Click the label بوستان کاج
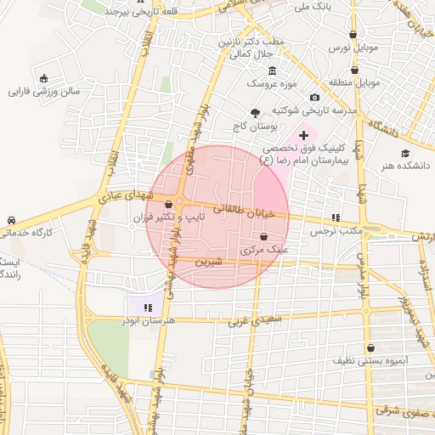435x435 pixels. tap(254, 127)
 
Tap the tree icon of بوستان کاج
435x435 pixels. tap(254, 112)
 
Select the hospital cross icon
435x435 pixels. tap(303, 135)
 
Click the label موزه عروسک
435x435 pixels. tap(270, 84)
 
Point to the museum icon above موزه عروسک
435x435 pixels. tap(271, 71)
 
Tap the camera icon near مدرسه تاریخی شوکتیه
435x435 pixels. tap(315, 98)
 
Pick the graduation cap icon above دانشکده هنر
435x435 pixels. tap(406, 153)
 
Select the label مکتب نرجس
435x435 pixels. tap(336, 231)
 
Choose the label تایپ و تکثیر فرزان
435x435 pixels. tap(170, 218)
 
